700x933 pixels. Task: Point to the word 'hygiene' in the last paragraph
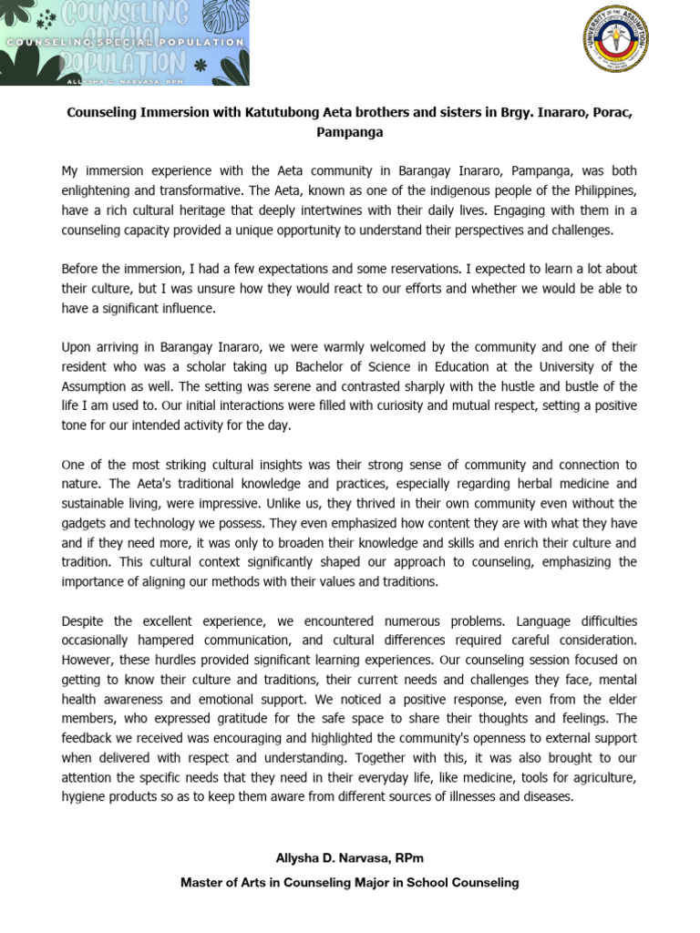tap(84, 797)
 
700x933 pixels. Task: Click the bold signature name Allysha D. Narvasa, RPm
tap(349, 859)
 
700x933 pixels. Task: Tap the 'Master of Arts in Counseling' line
tap(349, 882)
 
